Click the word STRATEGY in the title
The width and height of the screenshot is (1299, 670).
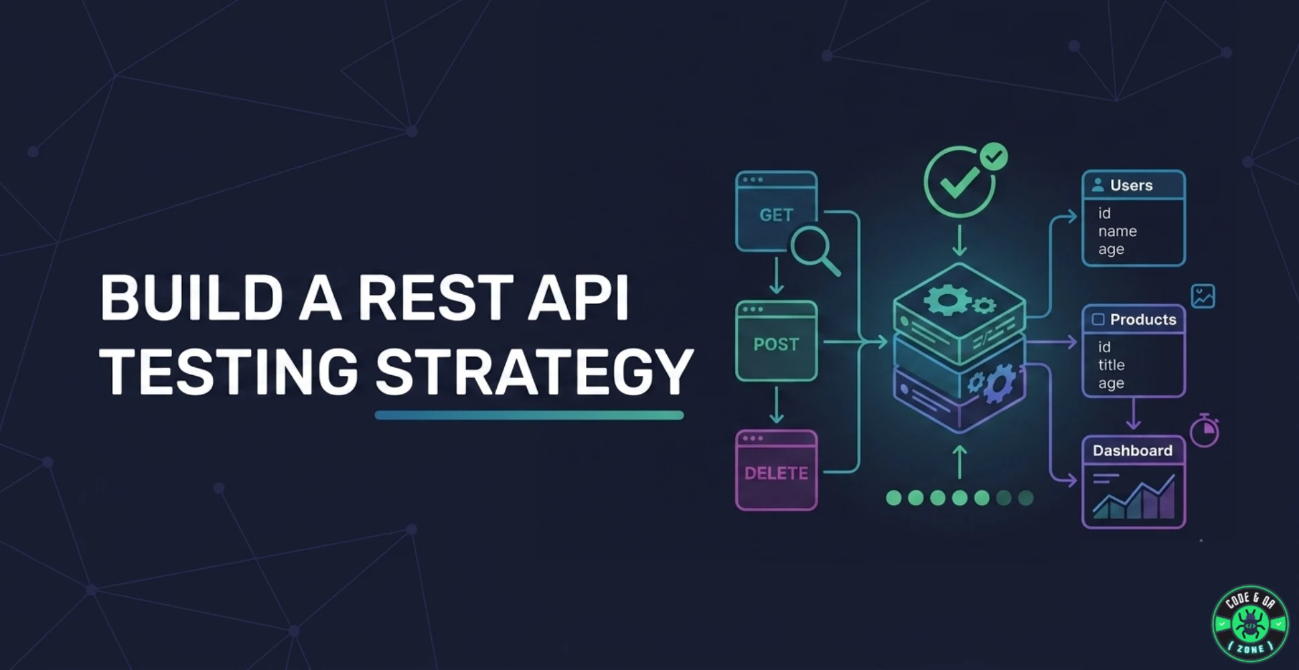coord(534,371)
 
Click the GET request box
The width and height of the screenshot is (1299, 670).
coord(776,211)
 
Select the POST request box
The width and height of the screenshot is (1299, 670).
coord(776,341)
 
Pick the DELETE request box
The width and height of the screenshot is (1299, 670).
coord(776,470)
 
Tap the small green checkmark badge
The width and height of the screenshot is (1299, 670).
coord(994,157)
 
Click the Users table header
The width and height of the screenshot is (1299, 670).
coord(1134,185)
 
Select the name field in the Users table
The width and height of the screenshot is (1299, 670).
coord(1118,231)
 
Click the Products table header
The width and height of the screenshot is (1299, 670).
coord(1134,319)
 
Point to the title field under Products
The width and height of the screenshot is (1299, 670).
coord(1112,365)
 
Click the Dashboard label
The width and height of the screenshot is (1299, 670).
coord(1132,450)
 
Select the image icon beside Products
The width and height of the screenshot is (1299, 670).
coord(1203,296)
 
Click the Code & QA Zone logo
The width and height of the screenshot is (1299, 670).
coord(1250,623)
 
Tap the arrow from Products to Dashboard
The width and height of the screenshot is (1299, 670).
coord(1133,413)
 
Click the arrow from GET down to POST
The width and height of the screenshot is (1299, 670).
coord(776,275)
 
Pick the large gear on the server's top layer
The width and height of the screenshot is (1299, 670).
coord(945,299)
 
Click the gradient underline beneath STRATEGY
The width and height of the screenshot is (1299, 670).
coord(529,415)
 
